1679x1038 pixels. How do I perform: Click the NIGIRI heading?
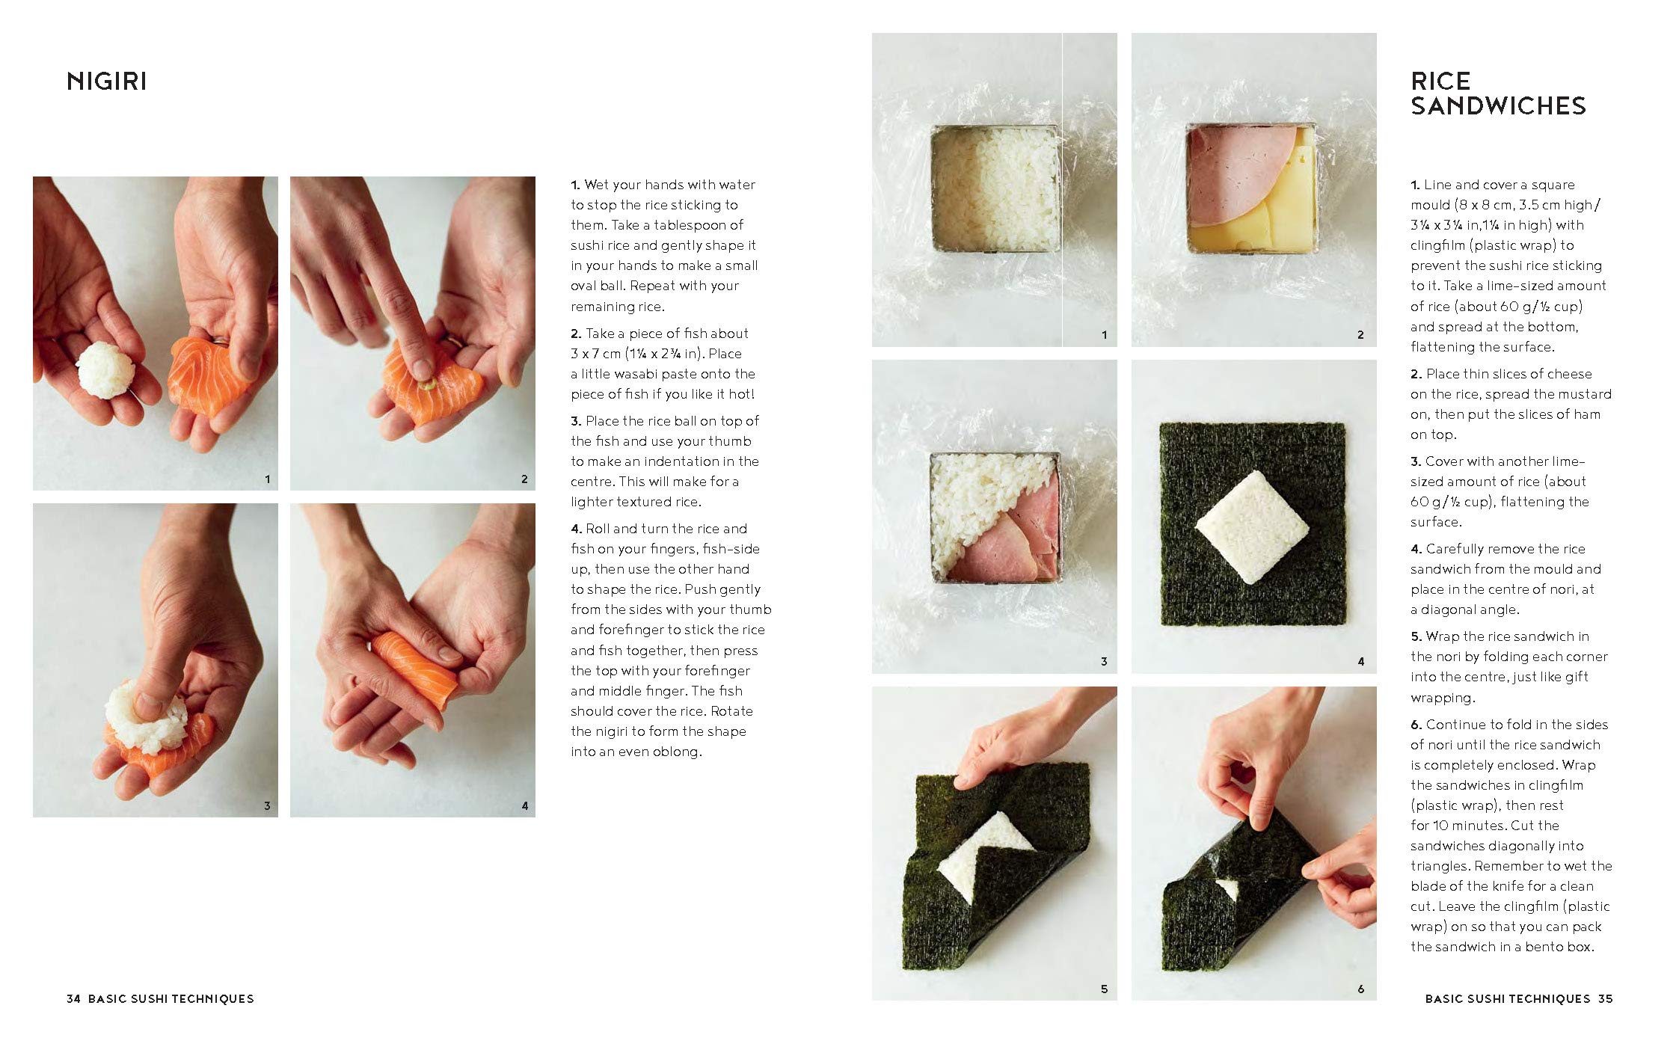point(107,81)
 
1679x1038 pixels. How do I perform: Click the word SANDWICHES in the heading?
point(1498,106)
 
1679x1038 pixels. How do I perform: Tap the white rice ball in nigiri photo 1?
point(106,369)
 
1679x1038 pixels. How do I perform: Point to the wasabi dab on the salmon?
point(429,386)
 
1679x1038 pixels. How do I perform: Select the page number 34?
point(73,998)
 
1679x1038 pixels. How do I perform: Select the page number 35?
point(1605,998)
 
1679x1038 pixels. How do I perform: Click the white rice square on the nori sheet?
point(1252,527)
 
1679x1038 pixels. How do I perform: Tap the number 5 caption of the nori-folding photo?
point(1104,989)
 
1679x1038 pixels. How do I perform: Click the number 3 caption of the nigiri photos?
point(267,806)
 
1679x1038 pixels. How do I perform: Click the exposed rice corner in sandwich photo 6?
point(1227,889)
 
